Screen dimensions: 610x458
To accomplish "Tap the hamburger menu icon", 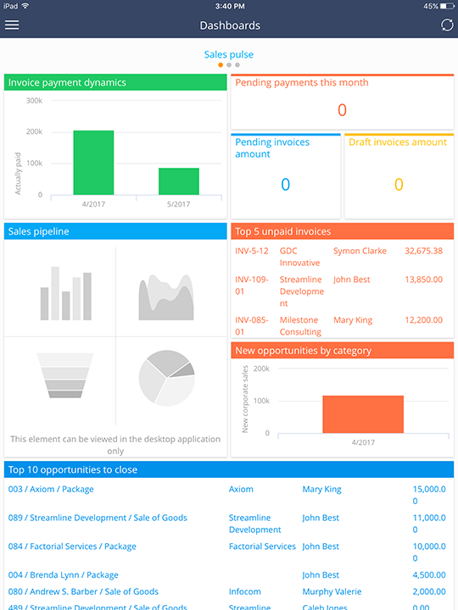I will tap(12, 25).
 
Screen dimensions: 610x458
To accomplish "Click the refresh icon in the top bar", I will tap(447, 25).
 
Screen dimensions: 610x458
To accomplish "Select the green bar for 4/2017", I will tap(93, 163).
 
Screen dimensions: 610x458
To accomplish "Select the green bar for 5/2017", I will tap(179, 181).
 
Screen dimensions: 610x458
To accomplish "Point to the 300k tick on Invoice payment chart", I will tap(35, 101).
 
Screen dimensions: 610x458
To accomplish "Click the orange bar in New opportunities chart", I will tap(363, 414).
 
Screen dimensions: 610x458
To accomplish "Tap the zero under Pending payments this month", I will tap(342, 110).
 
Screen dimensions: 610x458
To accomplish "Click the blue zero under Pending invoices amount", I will tap(285, 185).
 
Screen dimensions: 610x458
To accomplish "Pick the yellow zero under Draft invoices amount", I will tap(399, 185).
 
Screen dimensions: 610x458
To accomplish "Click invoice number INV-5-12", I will tap(252, 252).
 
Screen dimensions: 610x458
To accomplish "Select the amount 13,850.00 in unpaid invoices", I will tap(424, 280).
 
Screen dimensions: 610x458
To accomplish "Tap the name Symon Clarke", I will tap(360, 252).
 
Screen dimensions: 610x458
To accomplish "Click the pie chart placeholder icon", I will tap(167, 375).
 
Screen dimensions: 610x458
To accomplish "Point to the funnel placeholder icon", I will tap(65, 375).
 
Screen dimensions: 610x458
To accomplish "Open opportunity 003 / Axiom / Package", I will tap(51, 490).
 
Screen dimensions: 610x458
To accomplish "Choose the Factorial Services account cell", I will tap(262, 547).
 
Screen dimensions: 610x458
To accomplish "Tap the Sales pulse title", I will tap(228, 55).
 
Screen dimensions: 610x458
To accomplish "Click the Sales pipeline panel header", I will tap(115, 231).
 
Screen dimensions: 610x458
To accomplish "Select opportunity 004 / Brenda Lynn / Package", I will tap(64, 575).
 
